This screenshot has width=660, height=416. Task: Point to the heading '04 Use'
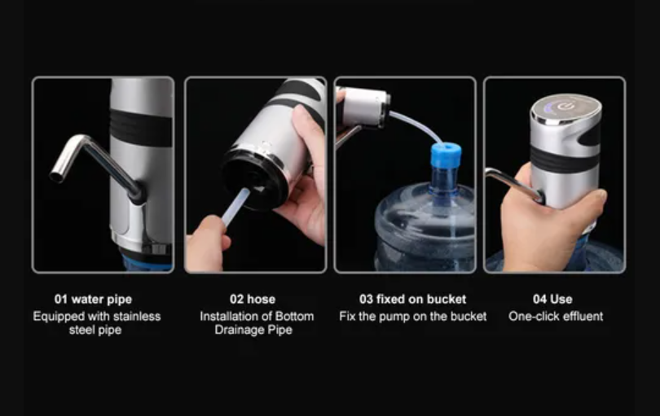[552, 299]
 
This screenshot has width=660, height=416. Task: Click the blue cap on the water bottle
[445, 155]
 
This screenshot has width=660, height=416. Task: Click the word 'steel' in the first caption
[84, 330]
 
